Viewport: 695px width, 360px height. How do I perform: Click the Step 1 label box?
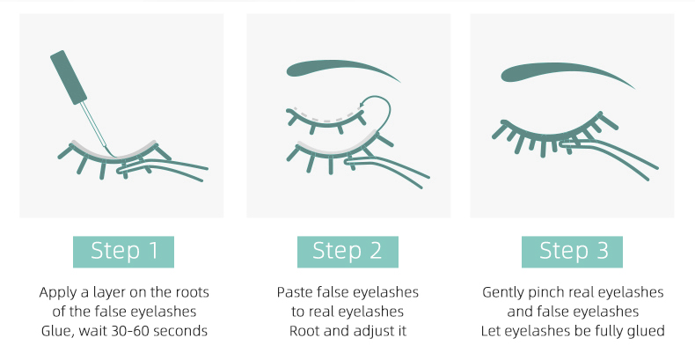pos(123,252)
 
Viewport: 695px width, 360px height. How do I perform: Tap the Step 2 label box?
pos(347,252)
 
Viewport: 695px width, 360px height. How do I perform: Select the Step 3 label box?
pos(572,252)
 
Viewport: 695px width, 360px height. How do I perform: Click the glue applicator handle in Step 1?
pos(69,77)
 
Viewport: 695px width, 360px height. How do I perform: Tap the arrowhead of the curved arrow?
pos(362,105)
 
